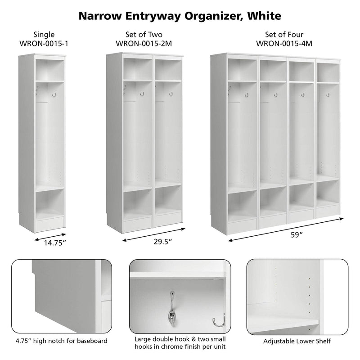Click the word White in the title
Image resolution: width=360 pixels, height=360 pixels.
click(x=261, y=16)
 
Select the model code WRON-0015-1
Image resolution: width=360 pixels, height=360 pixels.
click(x=45, y=44)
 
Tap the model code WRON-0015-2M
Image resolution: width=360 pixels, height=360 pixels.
click(x=144, y=44)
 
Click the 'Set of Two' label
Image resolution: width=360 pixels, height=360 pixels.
click(x=144, y=35)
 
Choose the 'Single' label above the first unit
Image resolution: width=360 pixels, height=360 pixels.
click(x=45, y=35)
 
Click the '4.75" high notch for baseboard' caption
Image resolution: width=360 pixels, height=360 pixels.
click(x=62, y=341)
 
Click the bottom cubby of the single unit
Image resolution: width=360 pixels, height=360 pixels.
click(x=49, y=205)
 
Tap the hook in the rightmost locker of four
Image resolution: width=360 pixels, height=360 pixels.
click(x=328, y=95)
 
